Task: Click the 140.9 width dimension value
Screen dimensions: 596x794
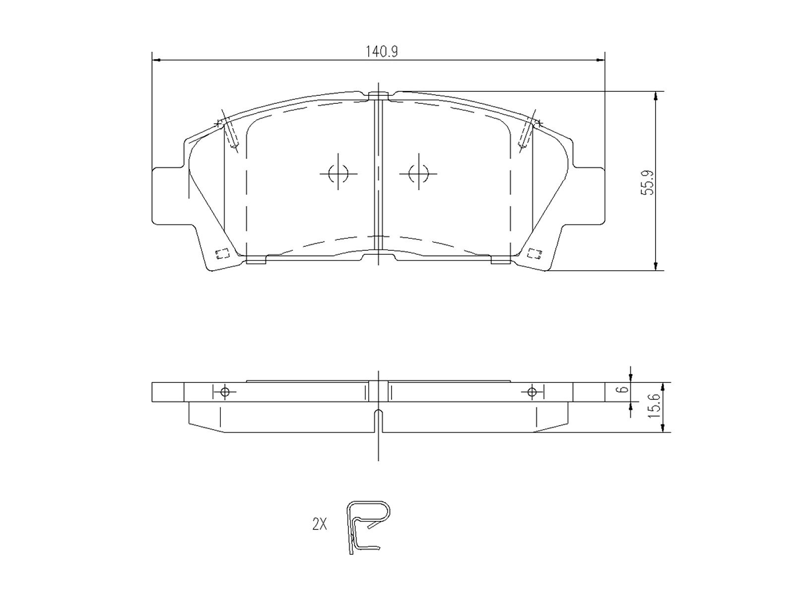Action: [x=382, y=51]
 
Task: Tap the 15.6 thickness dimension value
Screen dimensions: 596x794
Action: [x=655, y=406]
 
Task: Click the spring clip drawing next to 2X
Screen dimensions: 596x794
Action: [x=367, y=526]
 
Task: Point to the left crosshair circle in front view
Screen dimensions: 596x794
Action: [x=338, y=173]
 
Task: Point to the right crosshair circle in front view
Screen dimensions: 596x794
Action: [x=418, y=173]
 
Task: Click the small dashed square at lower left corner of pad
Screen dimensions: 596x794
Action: [x=221, y=254]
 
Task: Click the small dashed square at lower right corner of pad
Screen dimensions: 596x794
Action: [x=534, y=253]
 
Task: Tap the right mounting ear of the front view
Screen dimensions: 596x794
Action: [x=590, y=196]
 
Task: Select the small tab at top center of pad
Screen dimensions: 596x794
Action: [x=378, y=94]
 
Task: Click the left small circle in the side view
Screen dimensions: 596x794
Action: [x=225, y=392]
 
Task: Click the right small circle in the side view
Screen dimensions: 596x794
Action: [x=532, y=392]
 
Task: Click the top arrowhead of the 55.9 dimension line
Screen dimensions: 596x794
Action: [x=656, y=96]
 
